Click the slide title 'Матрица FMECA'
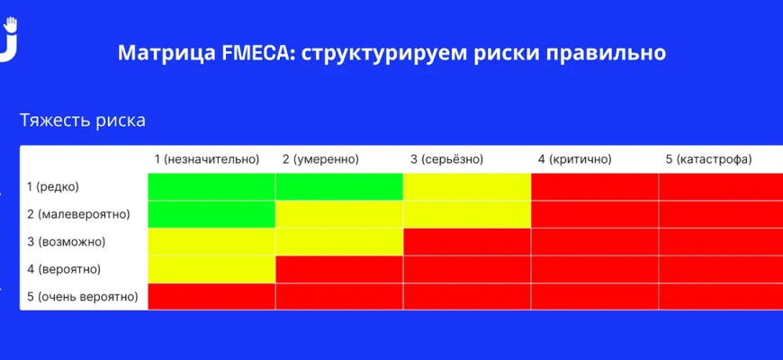click(203, 52)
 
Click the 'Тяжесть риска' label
click(83, 121)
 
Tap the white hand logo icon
click(9, 39)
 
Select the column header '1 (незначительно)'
click(207, 159)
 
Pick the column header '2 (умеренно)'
click(320, 159)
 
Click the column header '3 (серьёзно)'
click(447, 159)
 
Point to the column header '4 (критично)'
click(575, 159)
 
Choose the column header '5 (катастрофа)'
click(708, 159)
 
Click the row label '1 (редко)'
click(52, 187)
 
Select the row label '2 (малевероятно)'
click(78, 215)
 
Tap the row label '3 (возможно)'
click(66, 242)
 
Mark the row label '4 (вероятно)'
click(63, 270)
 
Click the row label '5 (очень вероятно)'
click(83, 297)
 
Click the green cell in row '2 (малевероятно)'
click(211, 215)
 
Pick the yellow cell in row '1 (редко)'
click(467, 186)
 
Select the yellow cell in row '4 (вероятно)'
click(211, 270)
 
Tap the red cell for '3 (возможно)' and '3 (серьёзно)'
click(467, 242)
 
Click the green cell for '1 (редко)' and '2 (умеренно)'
click(339, 186)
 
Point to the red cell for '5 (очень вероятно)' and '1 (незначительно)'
click(211, 297)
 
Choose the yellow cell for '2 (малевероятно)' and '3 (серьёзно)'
click(467, 215)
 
